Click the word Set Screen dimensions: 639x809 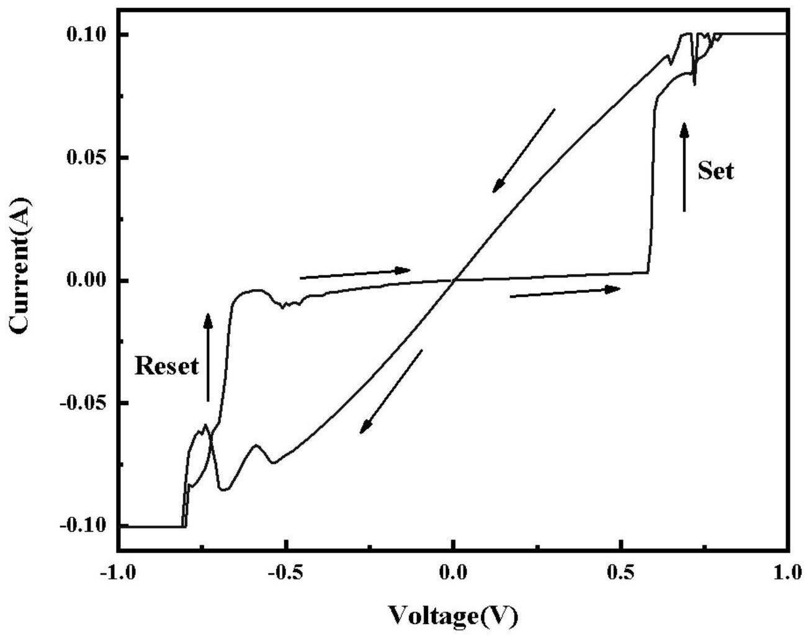tap(715, 171)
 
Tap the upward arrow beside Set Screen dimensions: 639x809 tap(684, 168)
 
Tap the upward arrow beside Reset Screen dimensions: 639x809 tap(208, 357)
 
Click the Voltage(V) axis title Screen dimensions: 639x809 tap(453, 616)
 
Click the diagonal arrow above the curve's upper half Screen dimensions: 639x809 tap(524, 151)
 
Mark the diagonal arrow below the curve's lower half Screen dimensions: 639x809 tap(391, 391)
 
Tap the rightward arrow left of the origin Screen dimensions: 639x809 tap(355, 274)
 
